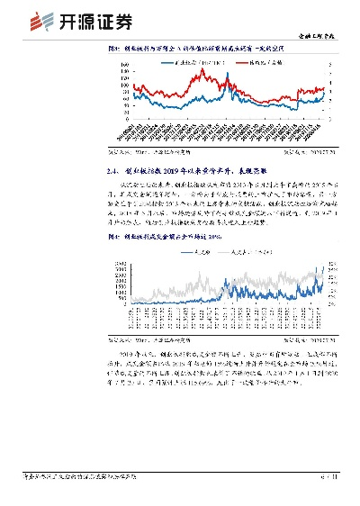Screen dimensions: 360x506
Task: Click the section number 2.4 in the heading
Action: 112,167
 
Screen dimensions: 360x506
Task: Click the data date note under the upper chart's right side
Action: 310,153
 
